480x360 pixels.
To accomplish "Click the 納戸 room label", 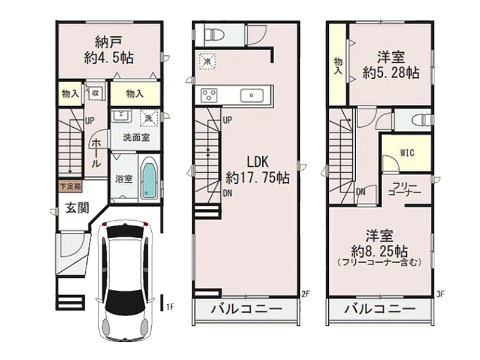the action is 109,42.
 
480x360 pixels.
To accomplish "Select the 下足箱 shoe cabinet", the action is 71,187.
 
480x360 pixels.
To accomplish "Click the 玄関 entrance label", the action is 77,208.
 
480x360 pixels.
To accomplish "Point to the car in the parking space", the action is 125,280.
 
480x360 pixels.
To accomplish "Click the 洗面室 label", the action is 136,137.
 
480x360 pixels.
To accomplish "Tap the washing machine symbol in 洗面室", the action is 149,118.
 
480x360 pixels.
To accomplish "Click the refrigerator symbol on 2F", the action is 207,61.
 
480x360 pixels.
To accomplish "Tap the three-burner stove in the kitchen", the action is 209,95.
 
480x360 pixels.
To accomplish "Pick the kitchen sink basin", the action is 251,95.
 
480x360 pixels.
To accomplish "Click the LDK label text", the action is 258,161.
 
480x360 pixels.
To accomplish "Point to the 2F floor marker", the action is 305,294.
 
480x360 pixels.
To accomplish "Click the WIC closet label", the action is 407,152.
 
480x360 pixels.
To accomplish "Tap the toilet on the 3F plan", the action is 422,120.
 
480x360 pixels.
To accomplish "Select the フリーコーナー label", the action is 404,189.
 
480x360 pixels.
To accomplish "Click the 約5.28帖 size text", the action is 391,73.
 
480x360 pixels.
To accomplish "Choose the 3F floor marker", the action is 440,294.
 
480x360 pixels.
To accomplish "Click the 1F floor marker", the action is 170,307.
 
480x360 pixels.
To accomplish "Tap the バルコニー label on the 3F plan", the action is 380,309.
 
